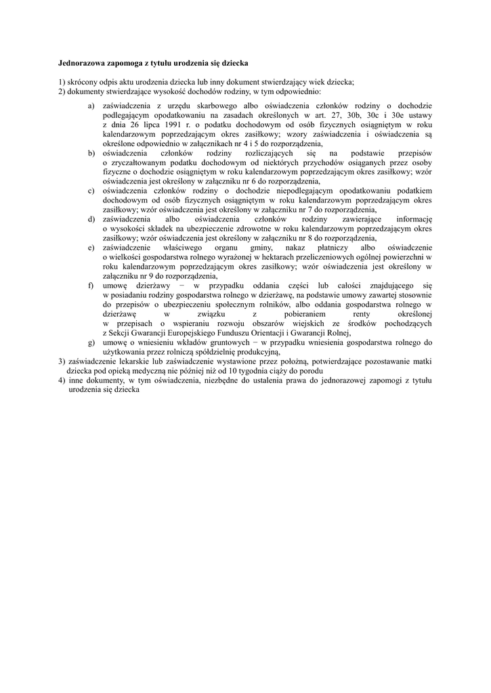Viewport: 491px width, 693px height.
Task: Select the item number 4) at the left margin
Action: (x=62, y=380)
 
